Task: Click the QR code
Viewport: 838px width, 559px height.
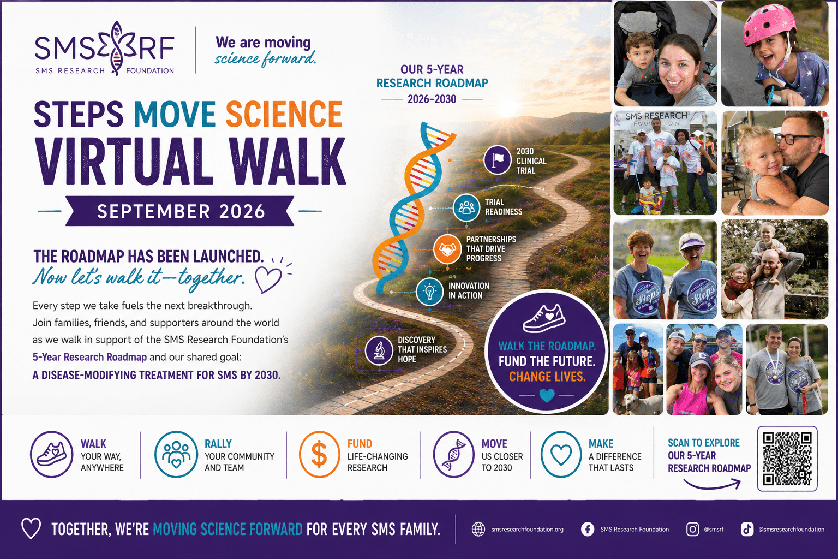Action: click(x=787, y=459)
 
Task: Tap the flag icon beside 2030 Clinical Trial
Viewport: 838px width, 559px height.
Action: click(x=497, y=160)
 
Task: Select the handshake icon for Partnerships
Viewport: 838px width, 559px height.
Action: click(x=447, y=249)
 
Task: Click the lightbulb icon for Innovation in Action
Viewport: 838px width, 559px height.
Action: click(x=430, y=292)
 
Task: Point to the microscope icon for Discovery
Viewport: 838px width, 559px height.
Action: click(x=379, y=350)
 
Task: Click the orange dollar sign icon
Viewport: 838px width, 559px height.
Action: click(x=319, y=454)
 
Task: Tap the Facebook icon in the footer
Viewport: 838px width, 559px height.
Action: click(x=588, y=529)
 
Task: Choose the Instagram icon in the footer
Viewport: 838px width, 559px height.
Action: click(x=692, y=529)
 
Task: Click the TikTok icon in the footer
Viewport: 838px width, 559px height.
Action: click(x=747, y=529)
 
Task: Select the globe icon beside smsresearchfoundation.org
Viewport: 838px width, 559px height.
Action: click(x=478, y=529)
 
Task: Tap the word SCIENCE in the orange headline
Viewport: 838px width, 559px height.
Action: click(x=284, y=114)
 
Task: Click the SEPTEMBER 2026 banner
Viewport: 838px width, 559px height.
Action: click(x=180, y=211)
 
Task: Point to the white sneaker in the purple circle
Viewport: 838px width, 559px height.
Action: click(x=544, y=319)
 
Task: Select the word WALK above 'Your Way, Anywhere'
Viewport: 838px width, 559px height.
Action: click(x=93, y=444)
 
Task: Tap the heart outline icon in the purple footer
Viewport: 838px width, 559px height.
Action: click(x=31, y=528)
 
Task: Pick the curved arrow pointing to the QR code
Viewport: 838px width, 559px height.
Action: click(x=713, y=486)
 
